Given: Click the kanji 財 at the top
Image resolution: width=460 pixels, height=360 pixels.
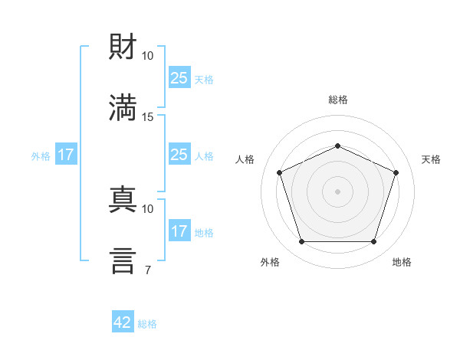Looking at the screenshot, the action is coord(123,46).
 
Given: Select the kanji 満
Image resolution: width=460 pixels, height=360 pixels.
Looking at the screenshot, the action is coord(123,107).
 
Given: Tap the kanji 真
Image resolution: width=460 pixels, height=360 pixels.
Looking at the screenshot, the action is coord(123,199).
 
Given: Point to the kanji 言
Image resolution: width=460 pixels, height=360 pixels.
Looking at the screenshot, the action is coord(123,260).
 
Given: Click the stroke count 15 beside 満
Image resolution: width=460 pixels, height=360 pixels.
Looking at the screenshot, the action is coord(147,117).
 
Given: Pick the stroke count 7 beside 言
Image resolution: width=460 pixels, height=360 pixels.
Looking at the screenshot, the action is coord(148,270).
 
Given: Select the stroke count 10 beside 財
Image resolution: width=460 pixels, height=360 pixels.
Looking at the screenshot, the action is coord(147,56).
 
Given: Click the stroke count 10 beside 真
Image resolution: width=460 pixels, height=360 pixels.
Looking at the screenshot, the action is coord(147,209).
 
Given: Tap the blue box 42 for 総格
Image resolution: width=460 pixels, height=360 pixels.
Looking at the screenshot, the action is coord(123,321).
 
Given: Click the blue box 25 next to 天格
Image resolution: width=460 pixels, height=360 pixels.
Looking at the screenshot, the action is coord(179,77).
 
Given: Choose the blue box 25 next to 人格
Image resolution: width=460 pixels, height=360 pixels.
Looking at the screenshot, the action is coord(179,154).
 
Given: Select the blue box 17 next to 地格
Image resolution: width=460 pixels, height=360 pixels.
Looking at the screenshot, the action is coord(179,230).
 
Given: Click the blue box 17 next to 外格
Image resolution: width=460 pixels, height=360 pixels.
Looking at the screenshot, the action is coord(66,154).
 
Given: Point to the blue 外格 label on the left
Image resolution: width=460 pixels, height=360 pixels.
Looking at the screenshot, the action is coord(41,156).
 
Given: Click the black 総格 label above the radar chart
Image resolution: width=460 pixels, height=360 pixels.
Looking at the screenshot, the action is coord(338,100).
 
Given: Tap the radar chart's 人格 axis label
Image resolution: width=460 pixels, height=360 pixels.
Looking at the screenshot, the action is coord(245,159).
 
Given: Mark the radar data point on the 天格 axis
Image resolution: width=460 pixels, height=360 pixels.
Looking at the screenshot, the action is coord(396,172).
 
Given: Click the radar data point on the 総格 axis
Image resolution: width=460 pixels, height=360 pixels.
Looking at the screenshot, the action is coord(337,146).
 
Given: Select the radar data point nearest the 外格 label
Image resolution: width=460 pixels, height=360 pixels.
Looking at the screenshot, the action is coord(302,241).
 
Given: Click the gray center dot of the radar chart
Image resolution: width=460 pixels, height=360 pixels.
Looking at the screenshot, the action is coord(337,191).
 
